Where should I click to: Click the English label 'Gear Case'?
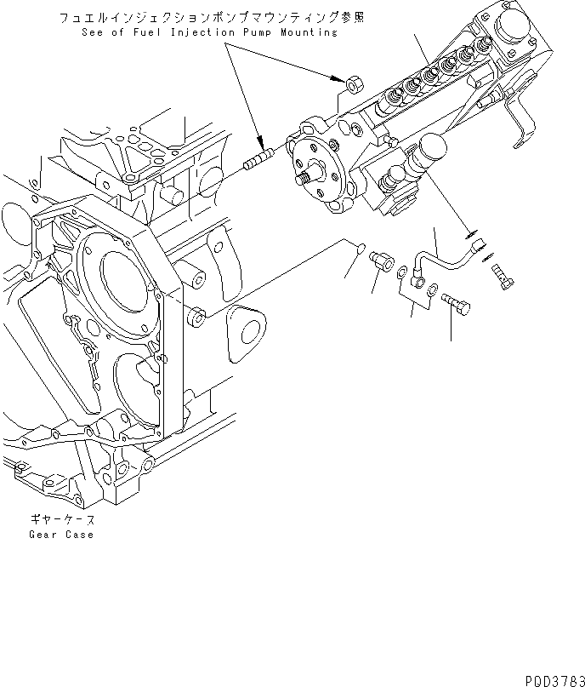point(60,535)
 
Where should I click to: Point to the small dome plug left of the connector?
point(360,248)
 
